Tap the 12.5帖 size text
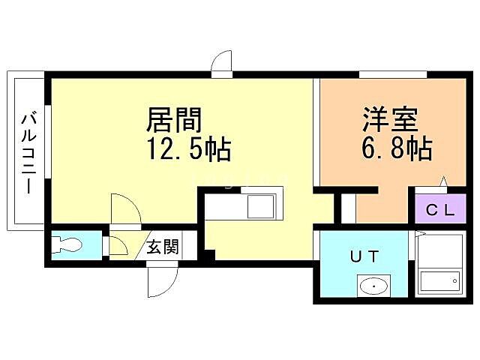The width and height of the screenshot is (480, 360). click(187, 149)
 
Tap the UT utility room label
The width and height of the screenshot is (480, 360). click(364, 256)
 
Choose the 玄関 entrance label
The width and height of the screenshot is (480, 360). click(162, 247)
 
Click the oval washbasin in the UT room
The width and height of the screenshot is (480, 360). click(373, 286)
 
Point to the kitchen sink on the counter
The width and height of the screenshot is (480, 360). click(263, 204)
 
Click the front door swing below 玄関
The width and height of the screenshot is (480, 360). click(161, 283)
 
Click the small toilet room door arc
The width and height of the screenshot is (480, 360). click(118, 245)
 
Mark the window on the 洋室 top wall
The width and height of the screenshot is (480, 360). click(393, 73)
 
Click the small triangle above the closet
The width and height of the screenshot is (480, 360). click(444, 181)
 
